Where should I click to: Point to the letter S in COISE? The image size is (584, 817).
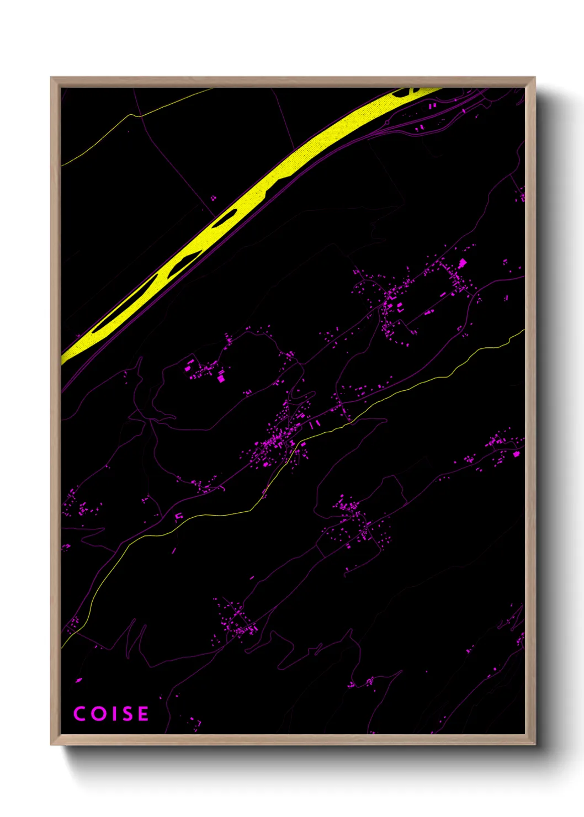[126, 714]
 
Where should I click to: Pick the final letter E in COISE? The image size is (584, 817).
[143, 714]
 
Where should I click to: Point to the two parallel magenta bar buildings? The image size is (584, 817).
[314, 425]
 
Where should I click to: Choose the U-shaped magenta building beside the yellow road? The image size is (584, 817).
[178, 516]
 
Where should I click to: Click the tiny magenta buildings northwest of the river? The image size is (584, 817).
[213, 198]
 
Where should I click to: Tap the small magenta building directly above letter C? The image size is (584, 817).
[78, 680]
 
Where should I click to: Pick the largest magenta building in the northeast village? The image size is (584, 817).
[462, 263]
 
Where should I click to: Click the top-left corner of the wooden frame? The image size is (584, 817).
[51, 78]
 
